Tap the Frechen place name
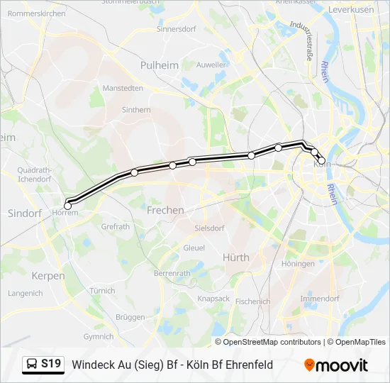click(x=165, y=210)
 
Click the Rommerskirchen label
click(x=36, y=13)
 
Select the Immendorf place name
click(x=320, y=299)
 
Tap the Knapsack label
click(x=213, y=299)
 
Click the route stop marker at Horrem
click(x=68, y=206)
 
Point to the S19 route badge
click(x=51, y=364)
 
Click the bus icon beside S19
click(x=33, y=365)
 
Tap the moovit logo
click(x=336, y=365)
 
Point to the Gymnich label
click(x=98, y=337)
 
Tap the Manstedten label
click(x=123, y=88)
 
